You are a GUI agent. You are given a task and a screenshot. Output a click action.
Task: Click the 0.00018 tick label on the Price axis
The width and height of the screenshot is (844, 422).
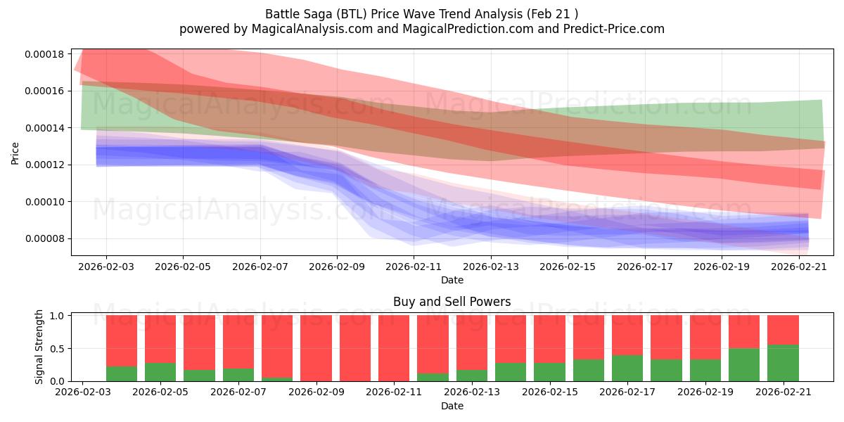(44, 54)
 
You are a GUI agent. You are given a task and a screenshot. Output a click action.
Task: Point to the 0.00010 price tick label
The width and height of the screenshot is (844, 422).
(44, 202)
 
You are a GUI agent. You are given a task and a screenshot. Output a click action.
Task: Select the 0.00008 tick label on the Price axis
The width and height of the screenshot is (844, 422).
(44, 239)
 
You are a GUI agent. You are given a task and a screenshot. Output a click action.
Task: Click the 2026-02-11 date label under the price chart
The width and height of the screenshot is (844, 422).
(414, 267)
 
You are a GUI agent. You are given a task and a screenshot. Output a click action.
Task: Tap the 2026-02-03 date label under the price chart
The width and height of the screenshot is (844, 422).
(106, 267)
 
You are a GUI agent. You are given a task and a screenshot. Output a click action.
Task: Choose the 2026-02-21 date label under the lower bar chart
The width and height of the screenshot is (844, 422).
(784, 392)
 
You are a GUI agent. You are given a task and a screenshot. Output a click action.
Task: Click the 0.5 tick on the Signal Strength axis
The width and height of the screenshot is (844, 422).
(57, 349)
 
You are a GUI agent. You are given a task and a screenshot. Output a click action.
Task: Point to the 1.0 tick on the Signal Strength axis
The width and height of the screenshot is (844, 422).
(57, 315)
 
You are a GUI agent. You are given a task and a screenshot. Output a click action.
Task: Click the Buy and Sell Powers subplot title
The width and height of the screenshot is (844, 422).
(452, 302)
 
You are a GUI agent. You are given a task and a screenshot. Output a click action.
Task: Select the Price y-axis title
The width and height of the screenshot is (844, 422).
(15, 153)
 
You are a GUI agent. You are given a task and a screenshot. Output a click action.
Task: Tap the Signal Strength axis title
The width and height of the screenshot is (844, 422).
(39, 347)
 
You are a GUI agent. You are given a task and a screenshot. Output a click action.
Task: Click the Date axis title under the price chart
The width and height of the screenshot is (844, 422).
(452, 280)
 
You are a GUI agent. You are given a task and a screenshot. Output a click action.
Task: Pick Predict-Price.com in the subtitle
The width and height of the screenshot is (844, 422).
(614, 29)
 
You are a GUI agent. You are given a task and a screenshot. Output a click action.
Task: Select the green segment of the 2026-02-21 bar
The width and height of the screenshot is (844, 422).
(783, 363)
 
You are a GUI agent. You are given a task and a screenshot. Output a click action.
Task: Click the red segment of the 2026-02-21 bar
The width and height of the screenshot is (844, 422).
(783, 330)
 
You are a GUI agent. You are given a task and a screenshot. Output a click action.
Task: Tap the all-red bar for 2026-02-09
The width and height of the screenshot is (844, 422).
(316, 348)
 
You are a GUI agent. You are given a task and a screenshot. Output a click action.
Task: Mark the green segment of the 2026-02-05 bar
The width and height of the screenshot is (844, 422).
(160, 372)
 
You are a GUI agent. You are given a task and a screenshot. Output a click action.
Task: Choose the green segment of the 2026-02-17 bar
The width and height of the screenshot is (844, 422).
(627, 368)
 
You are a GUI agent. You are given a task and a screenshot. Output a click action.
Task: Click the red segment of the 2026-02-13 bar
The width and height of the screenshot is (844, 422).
(472, 343)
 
